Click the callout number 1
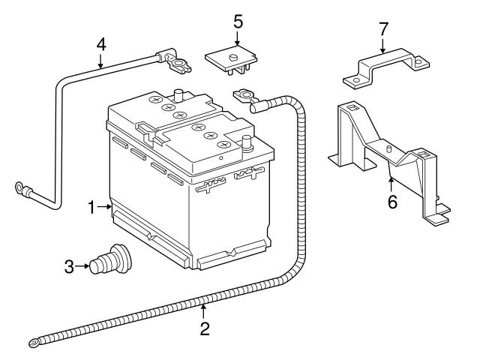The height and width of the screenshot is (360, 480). click(91, 208)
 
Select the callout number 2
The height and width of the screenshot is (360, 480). click(204, 328)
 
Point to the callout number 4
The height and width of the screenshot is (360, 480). click(100, 44)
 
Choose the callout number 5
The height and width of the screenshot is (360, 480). click(238, 20)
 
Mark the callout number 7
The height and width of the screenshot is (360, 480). click(383, 28)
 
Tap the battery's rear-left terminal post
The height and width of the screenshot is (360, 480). click(178, 95)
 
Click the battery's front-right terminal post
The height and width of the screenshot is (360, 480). click(245, 142)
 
